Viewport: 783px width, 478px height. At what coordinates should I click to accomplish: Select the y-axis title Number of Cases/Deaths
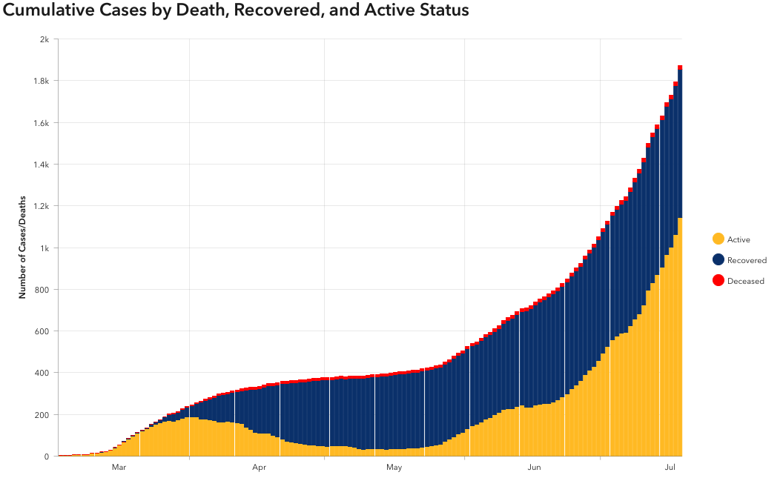click(x=22, y=248)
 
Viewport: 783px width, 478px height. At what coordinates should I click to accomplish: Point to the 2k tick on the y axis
click(x=44, y=39)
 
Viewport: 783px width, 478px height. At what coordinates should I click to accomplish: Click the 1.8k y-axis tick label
click(x=41, y=81)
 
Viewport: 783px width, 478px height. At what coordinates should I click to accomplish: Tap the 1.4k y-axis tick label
click(x=41, y=165)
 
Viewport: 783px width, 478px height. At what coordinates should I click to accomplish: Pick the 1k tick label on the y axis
click(x=44, y=248)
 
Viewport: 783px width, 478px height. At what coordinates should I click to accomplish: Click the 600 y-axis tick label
click(x=42, y=331)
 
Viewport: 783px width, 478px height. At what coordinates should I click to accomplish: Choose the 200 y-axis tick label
click(x=42, y=414)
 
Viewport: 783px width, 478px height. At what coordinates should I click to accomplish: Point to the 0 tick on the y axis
click(x=47, y=457)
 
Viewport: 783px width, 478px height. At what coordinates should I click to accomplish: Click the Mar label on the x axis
click(x=119, y=468)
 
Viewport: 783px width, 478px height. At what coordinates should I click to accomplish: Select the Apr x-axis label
click(x=259, y=468)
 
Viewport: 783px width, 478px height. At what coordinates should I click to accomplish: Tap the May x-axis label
click(x=394, y=468)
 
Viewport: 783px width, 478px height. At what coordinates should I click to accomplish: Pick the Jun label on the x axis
click(x=533, y=468)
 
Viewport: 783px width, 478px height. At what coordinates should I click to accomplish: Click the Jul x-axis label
click(x=670, y=468)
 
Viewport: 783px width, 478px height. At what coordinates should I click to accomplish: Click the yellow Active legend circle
click(x=718, y=239)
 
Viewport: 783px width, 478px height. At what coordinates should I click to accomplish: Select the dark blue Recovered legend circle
click(x=718, y=259)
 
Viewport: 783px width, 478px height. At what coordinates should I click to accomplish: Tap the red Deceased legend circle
click(x=718, y=280)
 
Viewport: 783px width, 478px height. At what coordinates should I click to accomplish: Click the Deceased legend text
click(x=745, y=281)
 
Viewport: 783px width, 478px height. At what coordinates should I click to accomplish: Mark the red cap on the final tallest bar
click(x=680, y=67)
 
